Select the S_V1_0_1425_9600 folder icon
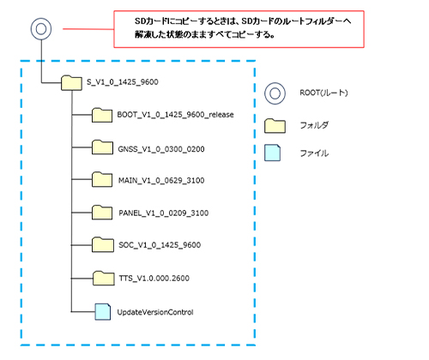71,82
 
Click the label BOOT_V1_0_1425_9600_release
175,115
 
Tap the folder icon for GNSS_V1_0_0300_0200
102,147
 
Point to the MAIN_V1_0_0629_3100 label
161,181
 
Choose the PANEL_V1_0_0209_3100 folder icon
102,213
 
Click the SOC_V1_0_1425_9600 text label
160,245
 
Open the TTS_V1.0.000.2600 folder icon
104,278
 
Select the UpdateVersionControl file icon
103,312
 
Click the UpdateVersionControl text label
155,312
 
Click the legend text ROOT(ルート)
323,93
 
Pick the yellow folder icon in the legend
275,126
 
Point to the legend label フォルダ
314,125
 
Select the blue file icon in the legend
272,153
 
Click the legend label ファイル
314,153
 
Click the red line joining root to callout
88,29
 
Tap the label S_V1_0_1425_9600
123,82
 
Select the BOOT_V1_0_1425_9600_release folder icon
102,115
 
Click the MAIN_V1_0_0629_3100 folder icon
102,179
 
